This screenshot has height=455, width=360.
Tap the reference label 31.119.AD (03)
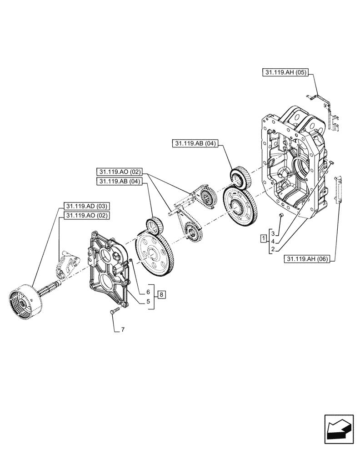85,206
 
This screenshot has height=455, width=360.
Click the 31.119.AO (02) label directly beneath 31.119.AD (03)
85,215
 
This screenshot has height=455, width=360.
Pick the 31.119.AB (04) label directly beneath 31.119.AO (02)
120,182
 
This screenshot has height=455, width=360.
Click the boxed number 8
162,295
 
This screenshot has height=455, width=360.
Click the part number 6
148,291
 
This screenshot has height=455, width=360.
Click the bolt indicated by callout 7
114,311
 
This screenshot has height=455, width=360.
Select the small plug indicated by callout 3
281,214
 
